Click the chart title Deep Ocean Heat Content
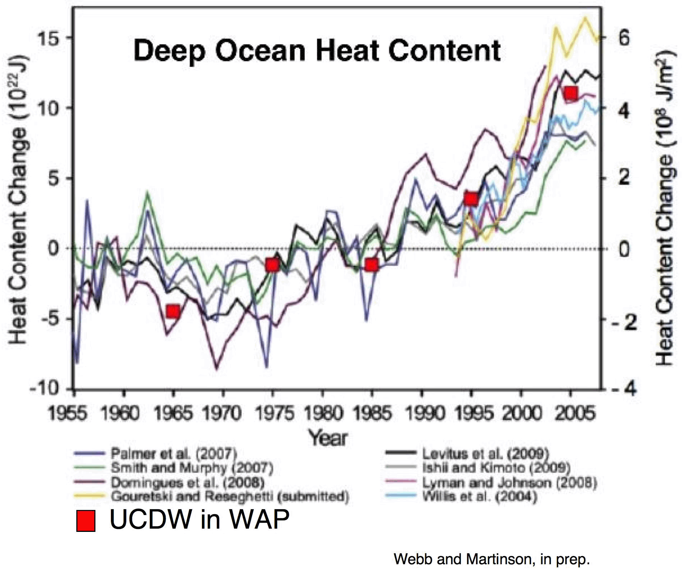[317, 51]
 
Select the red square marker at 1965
[173, 311]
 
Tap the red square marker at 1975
[273, 265]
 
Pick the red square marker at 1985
[372, 265]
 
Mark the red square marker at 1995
[471, 199]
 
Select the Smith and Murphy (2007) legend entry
[192, 468]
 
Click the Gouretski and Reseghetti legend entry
[230, 497]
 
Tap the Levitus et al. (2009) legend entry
[485, 453]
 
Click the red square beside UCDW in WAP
[86, 521]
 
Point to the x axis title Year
[328, 438]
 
